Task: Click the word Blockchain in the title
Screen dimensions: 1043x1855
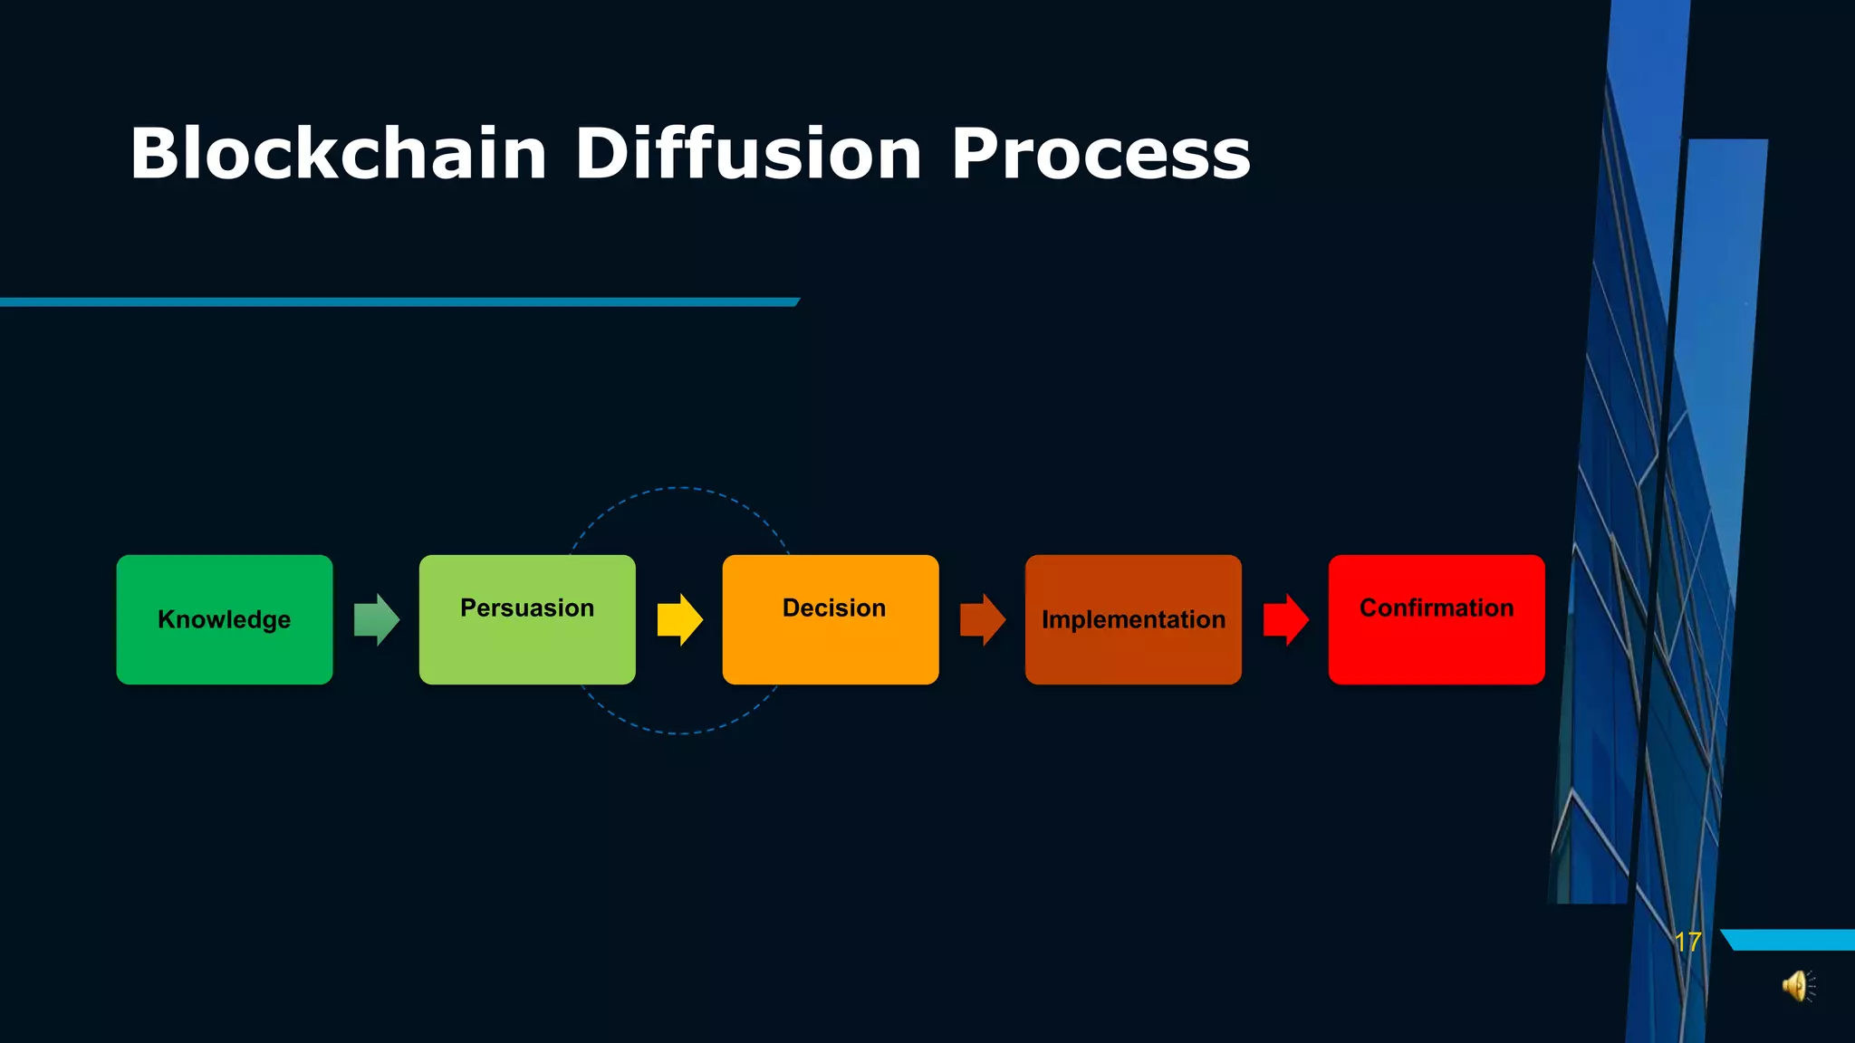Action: (x=338, y=154)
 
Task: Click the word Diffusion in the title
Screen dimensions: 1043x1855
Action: (x=748, y=154)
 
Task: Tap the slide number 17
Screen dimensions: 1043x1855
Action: (x=1687, y=943)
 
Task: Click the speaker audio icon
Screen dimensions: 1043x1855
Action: (x=1798, y=986)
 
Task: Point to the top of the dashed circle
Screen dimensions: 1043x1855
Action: (x=679, y=488)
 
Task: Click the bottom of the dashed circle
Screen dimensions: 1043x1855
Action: (x=679, y=732)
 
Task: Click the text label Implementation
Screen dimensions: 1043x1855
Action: (x=1133, y=620)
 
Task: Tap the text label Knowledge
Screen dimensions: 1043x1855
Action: (x=225, y=620)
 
